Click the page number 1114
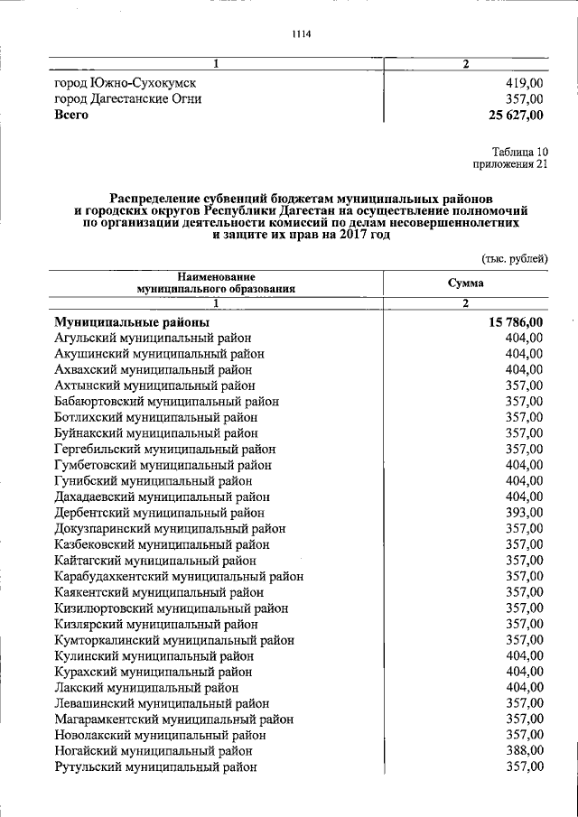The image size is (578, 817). pos(301,34)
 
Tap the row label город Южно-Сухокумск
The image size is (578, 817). pos(126,83)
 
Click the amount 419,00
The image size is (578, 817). pos(525,83)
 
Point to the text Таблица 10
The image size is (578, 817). pos(520,151)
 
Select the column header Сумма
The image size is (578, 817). pos(466,283)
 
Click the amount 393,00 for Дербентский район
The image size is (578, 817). pos(525,512)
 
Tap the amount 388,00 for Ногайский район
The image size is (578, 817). pos(525,750)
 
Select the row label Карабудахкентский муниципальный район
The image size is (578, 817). pos(179,576)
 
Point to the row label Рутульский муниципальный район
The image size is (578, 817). pos(155,766)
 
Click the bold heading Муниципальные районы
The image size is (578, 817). pos(132,322)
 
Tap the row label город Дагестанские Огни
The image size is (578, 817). pos(127,99)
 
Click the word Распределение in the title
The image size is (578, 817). pos(157,197)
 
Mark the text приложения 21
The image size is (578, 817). pos(510,164)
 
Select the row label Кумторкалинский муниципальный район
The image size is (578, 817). pos(174,639)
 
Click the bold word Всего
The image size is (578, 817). pos(71,116)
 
